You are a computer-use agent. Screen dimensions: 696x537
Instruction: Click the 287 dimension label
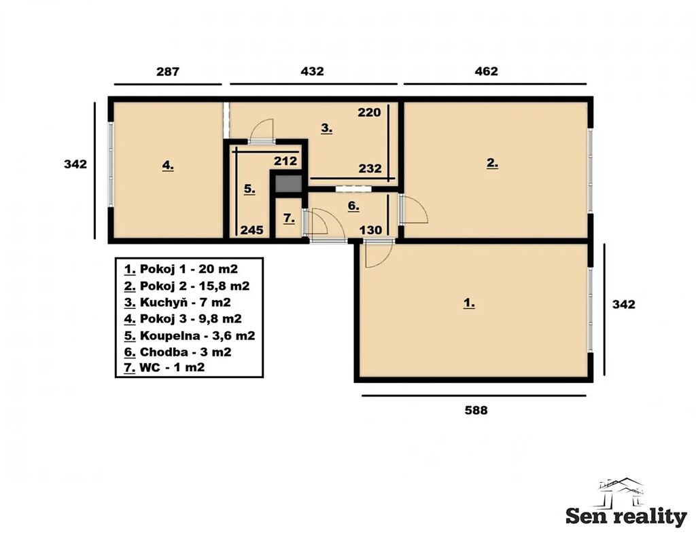168,71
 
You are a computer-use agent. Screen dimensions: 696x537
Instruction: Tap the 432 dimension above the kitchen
312,71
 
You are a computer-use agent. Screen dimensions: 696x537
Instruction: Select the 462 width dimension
486,71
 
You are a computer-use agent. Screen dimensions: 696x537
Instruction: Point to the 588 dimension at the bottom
476,410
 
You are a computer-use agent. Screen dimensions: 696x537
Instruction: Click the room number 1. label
469,303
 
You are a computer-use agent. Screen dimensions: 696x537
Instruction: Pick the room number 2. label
492,163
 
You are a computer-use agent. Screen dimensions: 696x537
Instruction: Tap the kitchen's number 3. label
327,128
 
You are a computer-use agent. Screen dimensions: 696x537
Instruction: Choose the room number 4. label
168,166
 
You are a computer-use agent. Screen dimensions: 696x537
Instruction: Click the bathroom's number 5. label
249,189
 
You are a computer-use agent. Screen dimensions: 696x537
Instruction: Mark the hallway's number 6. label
353,206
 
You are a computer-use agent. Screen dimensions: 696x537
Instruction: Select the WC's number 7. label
288,218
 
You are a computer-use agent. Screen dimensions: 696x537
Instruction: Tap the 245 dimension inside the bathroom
251,230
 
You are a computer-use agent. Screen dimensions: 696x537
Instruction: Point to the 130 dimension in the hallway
370,230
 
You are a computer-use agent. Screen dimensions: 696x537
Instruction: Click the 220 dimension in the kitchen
369,113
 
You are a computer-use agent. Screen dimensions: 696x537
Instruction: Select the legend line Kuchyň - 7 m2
177,303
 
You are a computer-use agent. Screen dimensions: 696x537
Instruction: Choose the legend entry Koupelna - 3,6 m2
190,335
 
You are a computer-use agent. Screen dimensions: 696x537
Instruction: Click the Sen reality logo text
626,517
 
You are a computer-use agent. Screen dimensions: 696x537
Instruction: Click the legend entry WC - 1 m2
164,368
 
